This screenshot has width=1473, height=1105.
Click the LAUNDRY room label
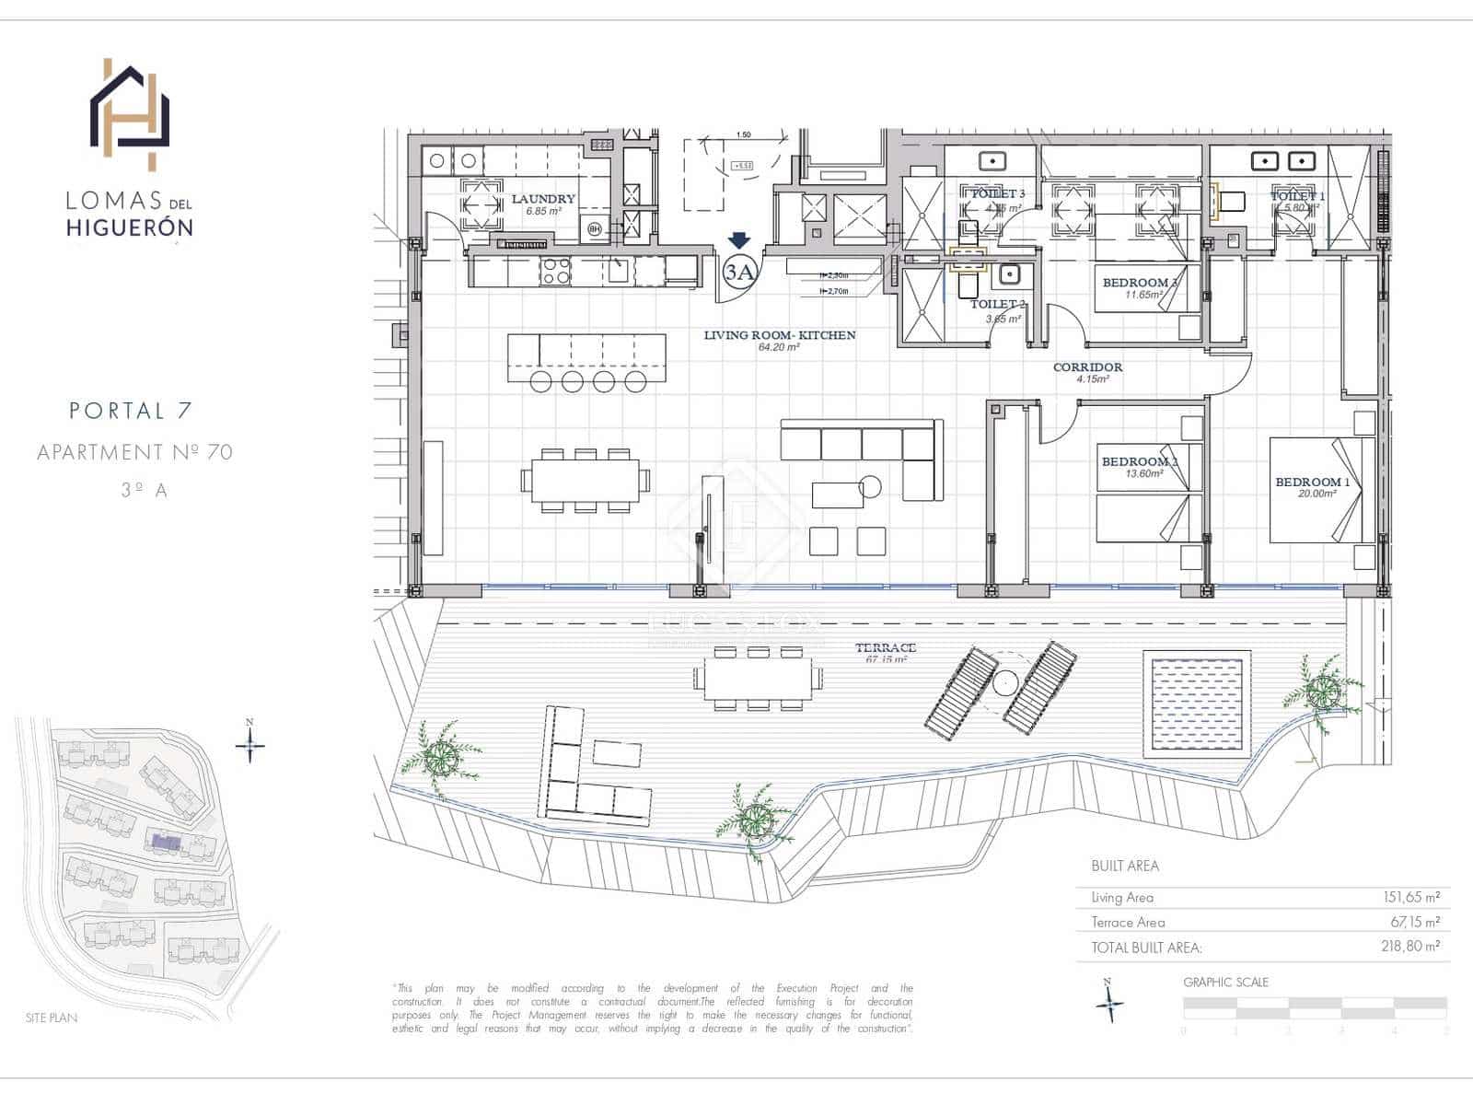pos(543,199)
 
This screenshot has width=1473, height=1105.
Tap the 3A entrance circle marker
pos(739,272)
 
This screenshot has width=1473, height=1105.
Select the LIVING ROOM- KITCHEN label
pos(780,335)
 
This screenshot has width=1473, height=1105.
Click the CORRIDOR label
pos(1087,367)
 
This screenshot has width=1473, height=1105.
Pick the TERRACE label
pos(885,648)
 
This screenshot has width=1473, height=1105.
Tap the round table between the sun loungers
pos(1005,682)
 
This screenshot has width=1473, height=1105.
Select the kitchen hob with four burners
pos(555,271)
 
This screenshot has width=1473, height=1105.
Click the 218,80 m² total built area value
pos(1410,946)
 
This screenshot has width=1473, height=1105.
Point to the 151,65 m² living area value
pos(1410,897)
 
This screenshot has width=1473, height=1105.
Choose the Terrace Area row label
pos(1128,922)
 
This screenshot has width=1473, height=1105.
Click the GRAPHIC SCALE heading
pos(1225,983)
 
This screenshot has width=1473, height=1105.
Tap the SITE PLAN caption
pos(52,1018)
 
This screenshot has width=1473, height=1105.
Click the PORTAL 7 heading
pos(130,411)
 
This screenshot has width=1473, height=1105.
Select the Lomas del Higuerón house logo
pos(130,114)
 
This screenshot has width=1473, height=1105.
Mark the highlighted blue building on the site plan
pos(167,842)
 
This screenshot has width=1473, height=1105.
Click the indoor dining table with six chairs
pos(586,481)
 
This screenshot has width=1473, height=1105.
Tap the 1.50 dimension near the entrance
pos(743,135)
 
